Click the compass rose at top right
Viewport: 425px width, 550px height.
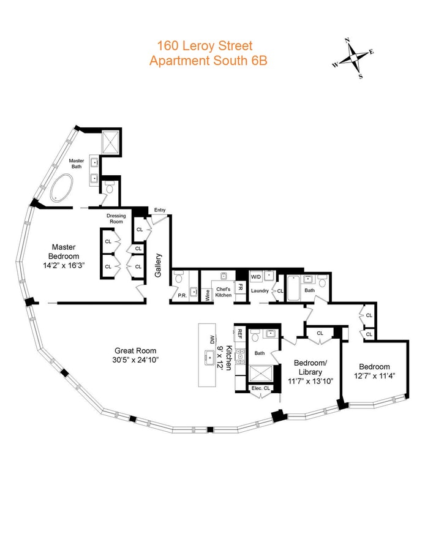(353, 59)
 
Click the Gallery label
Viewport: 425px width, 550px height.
(158, 265)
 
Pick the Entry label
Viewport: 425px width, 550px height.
(160, 210)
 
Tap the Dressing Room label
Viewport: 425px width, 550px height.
(116, 219)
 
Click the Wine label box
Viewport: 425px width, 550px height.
(208, 293)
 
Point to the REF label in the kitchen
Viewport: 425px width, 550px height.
(240, 334)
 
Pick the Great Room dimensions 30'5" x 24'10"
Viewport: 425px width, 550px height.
(131, 360)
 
